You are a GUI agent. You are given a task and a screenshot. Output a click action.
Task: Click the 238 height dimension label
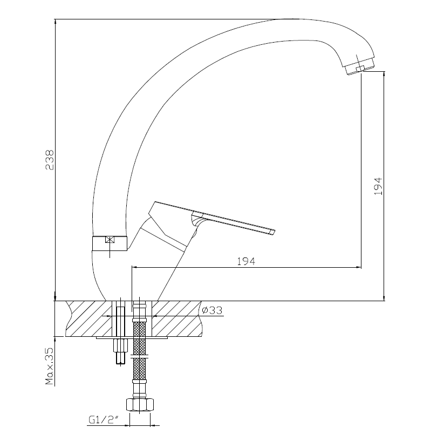click(50, 160)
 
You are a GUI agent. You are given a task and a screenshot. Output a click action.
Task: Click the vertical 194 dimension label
click(378, 186)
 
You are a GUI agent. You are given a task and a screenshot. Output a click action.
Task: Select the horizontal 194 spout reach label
click(246, 261)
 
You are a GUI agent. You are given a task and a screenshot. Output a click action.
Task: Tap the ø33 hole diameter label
click(212, 310)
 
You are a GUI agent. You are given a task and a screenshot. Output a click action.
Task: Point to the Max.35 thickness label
click(50, 366)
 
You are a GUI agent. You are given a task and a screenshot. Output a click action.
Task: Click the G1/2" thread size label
click(103, 420)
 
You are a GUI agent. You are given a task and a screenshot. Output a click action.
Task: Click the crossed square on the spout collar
click(110, 240)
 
